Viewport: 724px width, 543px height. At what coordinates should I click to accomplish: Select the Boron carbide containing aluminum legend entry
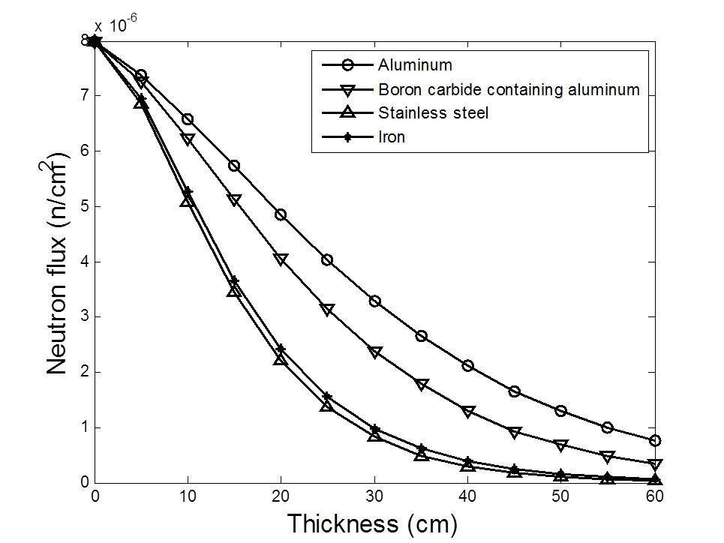click(508, 90)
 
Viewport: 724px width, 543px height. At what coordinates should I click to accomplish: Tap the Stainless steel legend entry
click(425, 113)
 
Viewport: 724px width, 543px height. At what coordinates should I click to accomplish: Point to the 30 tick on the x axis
click(374, 496)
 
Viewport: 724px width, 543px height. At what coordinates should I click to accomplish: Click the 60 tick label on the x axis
click(653, 496)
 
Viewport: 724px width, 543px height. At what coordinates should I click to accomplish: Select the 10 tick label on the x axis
click(188, 496)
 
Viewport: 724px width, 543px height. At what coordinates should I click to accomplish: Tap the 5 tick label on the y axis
click(85, 206)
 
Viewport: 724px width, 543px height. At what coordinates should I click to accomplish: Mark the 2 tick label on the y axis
click(85, 373)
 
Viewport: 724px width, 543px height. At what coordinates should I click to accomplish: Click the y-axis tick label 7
click(85, 95)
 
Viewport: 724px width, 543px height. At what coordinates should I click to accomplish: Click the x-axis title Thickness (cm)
click(372, 523)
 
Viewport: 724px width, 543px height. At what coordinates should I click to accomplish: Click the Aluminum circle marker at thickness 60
click(654, 440)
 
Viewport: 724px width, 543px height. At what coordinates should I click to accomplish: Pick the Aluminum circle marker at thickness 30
click(374, 301)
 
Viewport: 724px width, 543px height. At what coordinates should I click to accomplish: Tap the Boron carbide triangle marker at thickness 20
click(281, 259)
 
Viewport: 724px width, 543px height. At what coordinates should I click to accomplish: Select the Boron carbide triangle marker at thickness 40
click(467, 412)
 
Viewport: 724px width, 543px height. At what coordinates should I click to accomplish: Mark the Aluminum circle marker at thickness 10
click(188, 119)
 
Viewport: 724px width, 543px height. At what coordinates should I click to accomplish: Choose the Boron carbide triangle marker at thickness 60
click(654, 465)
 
